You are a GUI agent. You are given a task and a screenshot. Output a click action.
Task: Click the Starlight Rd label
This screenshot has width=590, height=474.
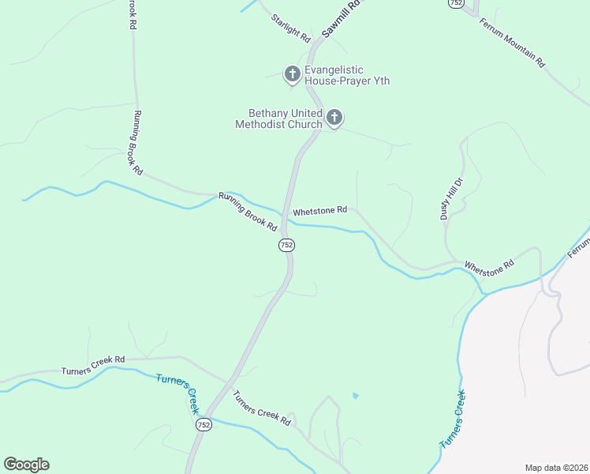[291, 28]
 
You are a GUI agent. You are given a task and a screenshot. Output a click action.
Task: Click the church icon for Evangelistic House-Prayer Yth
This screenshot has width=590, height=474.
[293, 75]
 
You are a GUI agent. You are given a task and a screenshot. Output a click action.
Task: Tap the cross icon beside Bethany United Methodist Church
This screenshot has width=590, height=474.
[334, 118]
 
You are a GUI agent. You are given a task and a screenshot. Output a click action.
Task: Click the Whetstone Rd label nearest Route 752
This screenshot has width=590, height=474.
[319, 212]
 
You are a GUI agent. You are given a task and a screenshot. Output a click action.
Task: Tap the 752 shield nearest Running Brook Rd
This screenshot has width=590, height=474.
[286, 246]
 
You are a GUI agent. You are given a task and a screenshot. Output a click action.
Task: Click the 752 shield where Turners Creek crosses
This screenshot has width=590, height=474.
[204, 425]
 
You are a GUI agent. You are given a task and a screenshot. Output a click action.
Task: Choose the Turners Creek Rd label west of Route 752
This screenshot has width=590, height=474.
[93, 365]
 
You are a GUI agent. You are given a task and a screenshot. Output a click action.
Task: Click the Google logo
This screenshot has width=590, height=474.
[26, 465]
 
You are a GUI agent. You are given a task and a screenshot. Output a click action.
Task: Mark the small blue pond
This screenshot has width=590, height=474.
[355, 395]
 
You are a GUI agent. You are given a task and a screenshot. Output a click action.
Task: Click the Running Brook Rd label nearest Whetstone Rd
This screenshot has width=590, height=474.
[248, 212]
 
